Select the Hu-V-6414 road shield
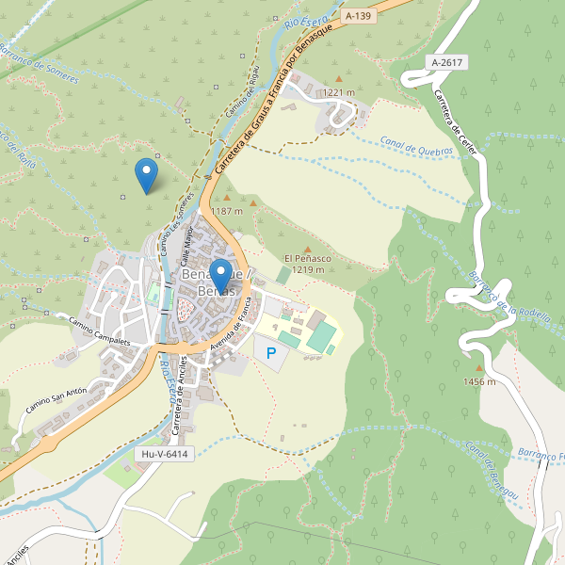[164, 454]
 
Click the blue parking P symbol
[272, 354]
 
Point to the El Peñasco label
[307, 258]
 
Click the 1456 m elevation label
[478, 381]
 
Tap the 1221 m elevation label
[338, 92]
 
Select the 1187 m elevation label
[227, 211]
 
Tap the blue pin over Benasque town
[220, 275]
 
